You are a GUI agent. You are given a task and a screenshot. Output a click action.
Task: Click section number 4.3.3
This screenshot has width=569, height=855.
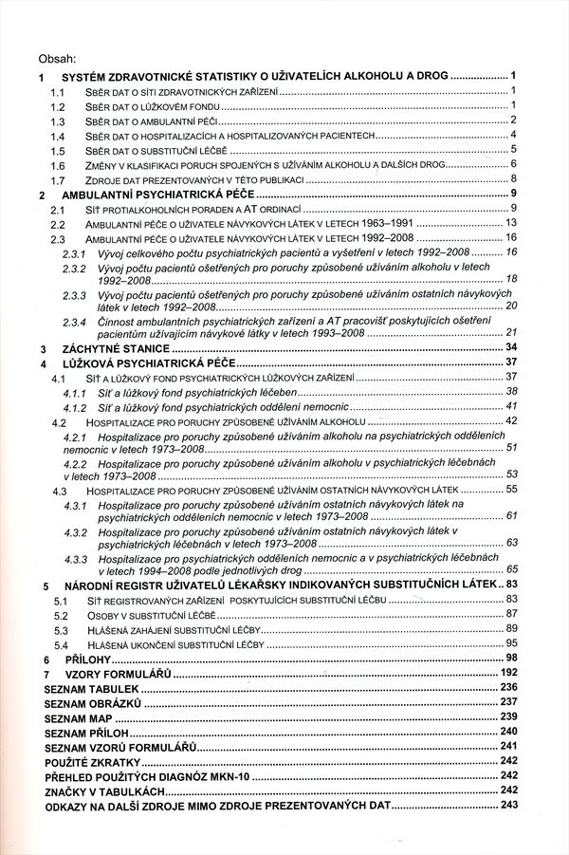pos(77,560)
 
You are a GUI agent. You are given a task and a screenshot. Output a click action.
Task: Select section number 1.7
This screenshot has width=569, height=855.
pos(57,179)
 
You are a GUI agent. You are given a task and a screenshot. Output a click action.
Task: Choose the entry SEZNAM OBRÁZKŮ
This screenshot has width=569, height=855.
pos(93,701)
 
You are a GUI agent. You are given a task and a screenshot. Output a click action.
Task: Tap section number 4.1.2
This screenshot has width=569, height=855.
pos(76,405)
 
